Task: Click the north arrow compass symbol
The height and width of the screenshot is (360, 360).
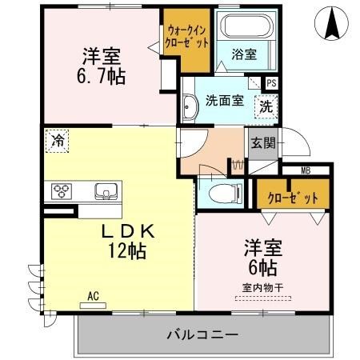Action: [331, 23]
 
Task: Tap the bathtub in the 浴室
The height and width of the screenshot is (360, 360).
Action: [247, 26]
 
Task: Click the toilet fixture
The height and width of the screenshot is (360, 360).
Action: [226, 194]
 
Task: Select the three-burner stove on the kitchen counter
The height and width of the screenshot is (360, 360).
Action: [62, 191]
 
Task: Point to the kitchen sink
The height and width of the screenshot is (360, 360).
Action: [106, 191]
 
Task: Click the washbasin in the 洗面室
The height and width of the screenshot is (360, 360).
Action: [190, 107]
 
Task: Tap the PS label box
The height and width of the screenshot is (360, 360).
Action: [271, 83]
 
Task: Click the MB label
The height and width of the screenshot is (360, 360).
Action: [306, 170]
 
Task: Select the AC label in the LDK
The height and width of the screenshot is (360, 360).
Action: [94, 296]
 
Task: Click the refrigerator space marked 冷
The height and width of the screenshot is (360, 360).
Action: [57, 141]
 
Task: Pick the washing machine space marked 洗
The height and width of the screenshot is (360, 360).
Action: [266, 106]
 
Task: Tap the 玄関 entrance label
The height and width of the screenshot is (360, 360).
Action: [263, 143]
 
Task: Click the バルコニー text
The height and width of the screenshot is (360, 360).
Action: [202, 334]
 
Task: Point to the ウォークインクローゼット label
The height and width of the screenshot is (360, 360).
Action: [186, 37]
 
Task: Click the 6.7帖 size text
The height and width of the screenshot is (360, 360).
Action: [101, 77]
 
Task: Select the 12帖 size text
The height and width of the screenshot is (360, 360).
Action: [127, 251]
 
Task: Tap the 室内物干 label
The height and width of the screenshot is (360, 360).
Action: [262, 288]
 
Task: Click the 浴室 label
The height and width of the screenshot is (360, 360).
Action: [244, 54]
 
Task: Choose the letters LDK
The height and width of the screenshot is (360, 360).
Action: [128, 231]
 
